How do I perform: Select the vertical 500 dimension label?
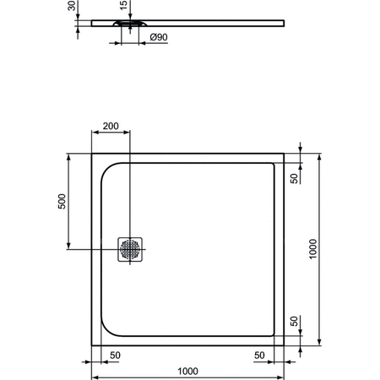[62, 203]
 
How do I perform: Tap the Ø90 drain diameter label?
[159, 38]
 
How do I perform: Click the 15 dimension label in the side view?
[125, 7]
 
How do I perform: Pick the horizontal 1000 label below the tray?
[187, 370]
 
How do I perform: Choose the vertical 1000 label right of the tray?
[313, 249]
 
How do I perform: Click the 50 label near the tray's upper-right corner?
[293, 178]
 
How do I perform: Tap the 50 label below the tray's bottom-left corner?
[113, 355]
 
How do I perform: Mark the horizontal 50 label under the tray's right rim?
[259, 355]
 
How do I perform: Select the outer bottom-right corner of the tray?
[285, 346]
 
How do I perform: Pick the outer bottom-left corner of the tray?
[92, 346]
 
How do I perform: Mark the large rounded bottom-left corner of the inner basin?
[107, 330]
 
